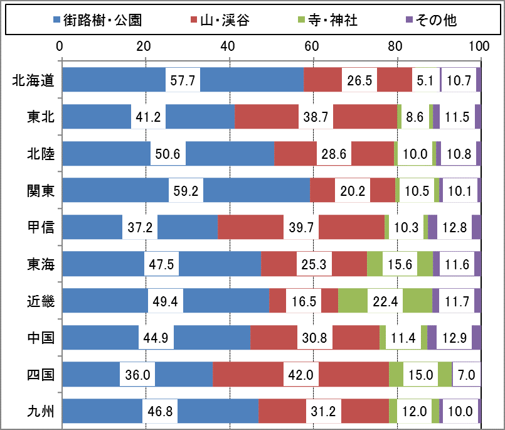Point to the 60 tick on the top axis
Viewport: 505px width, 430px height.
point(312,46)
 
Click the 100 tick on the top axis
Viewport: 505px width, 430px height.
point(479,46)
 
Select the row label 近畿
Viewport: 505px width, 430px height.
point(41,301)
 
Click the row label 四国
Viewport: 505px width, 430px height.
point(41,375)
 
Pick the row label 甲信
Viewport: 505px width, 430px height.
point(41,227)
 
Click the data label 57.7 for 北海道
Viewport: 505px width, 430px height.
point(183,80)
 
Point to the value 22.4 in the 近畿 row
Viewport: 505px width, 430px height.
point(385,301)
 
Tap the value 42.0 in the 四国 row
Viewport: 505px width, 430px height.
point(302,375)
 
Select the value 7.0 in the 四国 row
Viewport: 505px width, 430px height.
point(467,375)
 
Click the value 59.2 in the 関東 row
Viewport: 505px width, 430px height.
point(186,191)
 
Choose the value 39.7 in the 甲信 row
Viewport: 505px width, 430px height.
point(302,227)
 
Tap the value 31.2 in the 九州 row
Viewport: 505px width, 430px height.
point(324,412)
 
